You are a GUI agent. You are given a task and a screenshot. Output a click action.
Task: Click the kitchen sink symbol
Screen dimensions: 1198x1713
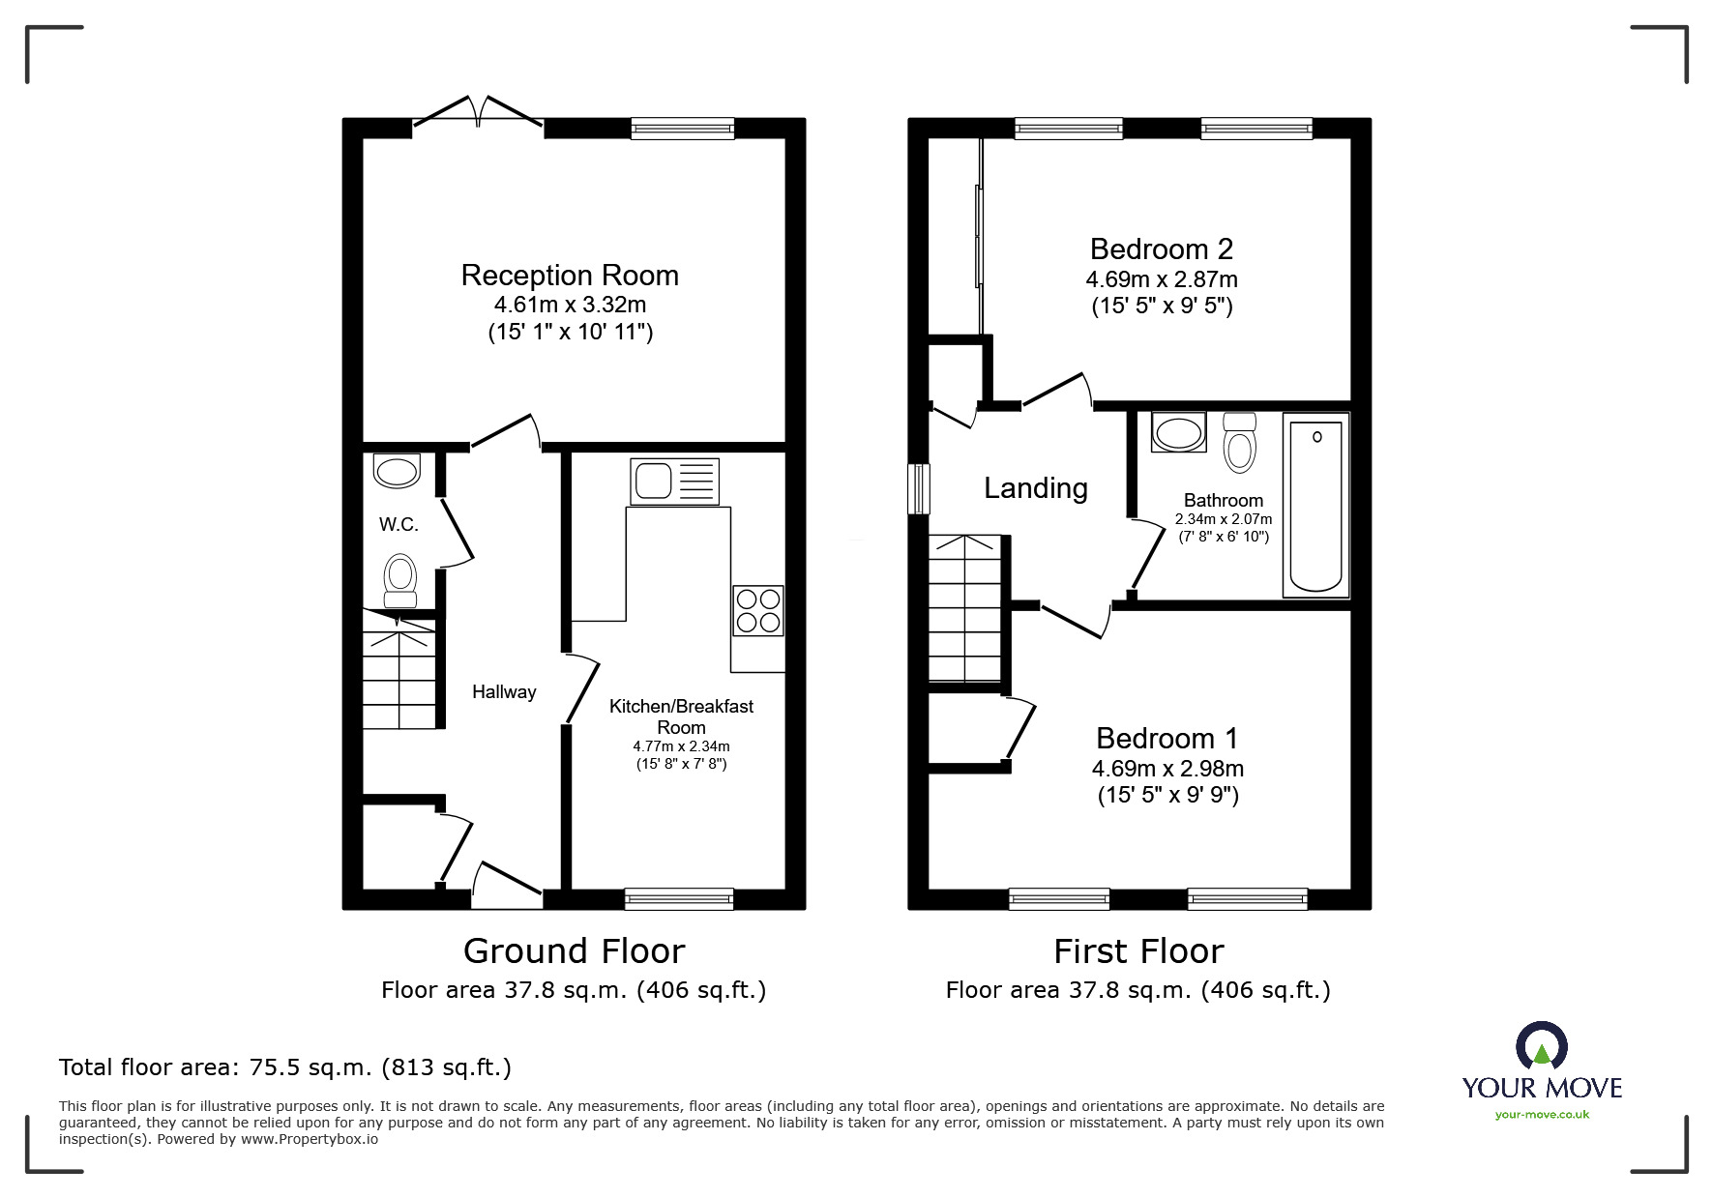(x=674, y=482)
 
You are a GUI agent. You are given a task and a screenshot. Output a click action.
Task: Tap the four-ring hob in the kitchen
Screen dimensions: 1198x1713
(x=758, y=610)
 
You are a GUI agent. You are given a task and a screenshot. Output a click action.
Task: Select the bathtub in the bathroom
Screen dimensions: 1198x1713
(x=1316, y=506)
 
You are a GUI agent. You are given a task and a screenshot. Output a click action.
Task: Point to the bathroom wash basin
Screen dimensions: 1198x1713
(x=1178, y=432)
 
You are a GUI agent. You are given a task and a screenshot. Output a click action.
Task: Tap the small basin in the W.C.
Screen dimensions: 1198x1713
(x=397, y=471)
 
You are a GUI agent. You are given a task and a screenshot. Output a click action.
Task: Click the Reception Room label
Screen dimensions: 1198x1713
(x=570, y=276)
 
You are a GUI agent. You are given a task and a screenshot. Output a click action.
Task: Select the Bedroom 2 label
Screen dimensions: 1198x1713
(x=1161, y=249)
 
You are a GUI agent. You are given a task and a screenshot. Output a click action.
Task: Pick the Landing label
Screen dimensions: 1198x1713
(x=1035, y=488)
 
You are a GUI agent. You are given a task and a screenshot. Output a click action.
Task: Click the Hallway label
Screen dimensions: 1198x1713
(x=503, y=691)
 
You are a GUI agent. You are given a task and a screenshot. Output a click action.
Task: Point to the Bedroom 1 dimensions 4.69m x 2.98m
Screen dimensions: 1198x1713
(x=1167, y=769)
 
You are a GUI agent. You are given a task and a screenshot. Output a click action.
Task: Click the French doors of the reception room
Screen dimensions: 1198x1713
(x=478, y=111)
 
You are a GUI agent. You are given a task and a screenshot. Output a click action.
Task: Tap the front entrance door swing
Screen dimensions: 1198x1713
(x=506, y=885)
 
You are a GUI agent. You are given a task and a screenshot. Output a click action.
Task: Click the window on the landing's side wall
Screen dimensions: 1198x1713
(x=918, y=489)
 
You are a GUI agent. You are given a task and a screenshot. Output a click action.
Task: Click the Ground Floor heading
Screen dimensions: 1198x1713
(x=574, y=951)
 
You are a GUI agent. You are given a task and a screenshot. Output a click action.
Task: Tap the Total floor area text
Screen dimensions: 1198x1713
(x=285, y=1067)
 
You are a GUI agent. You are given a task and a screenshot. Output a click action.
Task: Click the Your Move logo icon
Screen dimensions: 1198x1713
(x=1541, y=1046)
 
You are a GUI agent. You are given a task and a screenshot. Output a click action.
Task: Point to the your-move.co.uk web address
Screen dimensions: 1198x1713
(x=1542, y=1115)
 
